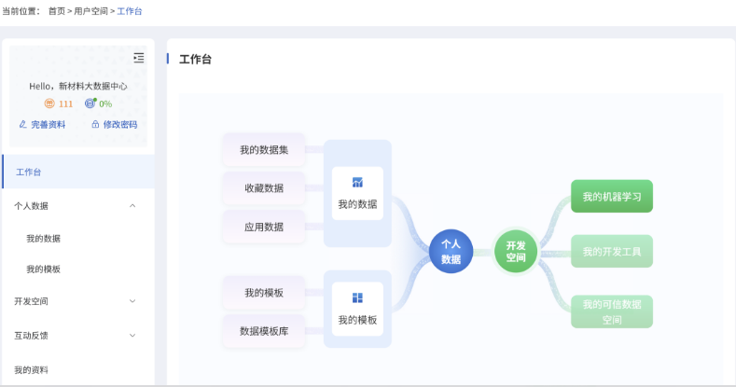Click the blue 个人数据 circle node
pos(451,252)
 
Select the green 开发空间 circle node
pos(516,252)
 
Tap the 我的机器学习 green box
pos(612,196)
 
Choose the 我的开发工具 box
pos(612,252)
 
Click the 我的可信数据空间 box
pos(612,311)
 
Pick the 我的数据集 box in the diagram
pos(264,149)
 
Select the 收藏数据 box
pos(264,188)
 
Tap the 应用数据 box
pos(264,227)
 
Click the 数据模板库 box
pos(264,331)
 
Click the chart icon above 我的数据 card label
pos(357,182)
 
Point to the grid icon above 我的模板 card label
pos(357,297)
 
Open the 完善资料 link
pos(42,124)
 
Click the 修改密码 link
pos(115,124)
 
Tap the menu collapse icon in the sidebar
pos(138,58)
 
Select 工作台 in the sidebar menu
pos(29,173)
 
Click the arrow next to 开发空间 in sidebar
pos(132,301)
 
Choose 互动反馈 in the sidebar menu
pos(31,336)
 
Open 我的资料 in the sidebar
pos(31,370)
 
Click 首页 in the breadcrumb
pos(57,11)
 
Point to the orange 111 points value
pos(65,104)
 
